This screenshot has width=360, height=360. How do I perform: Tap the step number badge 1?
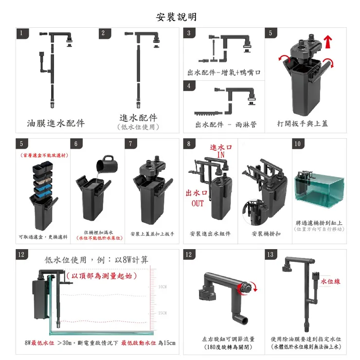pos(21,33)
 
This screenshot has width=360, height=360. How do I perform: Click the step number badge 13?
pos(270,255)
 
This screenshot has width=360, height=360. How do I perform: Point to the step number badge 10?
pos(298,144)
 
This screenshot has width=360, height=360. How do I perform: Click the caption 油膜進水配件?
pos(56,123)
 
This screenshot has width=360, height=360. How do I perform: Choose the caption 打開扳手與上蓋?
pos(302,124)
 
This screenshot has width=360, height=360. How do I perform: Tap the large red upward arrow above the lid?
pos(329,42)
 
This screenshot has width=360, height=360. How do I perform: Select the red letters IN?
pos(221,155)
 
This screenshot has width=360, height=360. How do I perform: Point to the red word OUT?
pos(198,203)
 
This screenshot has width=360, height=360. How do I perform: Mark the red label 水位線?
pos(330,282)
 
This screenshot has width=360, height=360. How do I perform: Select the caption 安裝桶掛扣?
pos(266,234)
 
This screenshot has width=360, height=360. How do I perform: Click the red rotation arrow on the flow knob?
pos(250,289)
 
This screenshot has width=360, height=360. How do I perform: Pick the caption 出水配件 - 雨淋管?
pos(226,124)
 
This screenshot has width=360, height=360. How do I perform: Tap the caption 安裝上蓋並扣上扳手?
pos(152,234)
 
